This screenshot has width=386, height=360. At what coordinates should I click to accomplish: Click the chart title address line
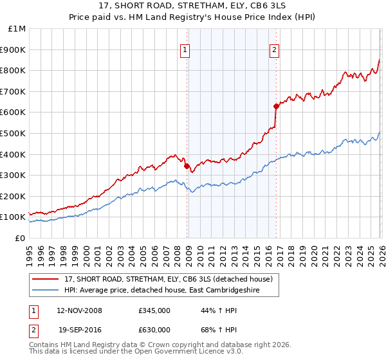(193, 7)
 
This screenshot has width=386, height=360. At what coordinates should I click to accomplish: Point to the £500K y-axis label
(14, 134)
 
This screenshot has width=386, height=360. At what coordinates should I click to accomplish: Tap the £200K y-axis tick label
(14, 196)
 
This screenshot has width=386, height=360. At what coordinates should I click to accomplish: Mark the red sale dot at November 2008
(187, 166)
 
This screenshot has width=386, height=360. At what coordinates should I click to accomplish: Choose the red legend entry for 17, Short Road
(169, 279)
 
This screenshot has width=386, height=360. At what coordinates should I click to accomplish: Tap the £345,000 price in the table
(154, 310)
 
